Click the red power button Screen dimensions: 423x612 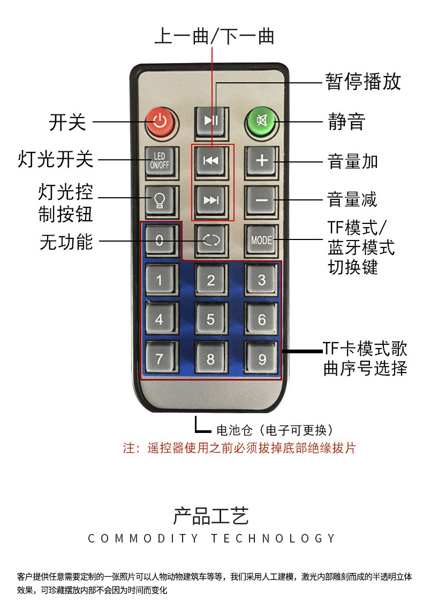(x=160, y=120)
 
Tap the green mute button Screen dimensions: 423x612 (x=261, y=120)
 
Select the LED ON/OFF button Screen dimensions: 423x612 (x=160, y=160)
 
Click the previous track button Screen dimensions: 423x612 (x=211, y=160)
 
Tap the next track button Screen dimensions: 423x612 (x=211, y=200)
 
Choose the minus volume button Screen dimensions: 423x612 (x=261, y=200)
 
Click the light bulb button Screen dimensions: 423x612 (x=160, y=200)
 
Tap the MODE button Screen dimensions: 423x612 (x=261, y=240)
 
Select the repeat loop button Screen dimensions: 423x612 (x=211, y=240)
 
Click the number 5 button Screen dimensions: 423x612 (x=211, y=319)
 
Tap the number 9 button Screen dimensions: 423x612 (x=261, y=359)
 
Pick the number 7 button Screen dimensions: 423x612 (x=160, y=359)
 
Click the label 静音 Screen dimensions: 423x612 (x=346, y=122)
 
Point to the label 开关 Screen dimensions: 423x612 (x=67, y=122)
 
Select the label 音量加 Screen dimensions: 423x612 (x=352, y=161)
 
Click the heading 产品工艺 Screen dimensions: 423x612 (x=211, y=516)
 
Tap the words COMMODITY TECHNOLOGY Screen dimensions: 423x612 (x=211, y=538)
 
